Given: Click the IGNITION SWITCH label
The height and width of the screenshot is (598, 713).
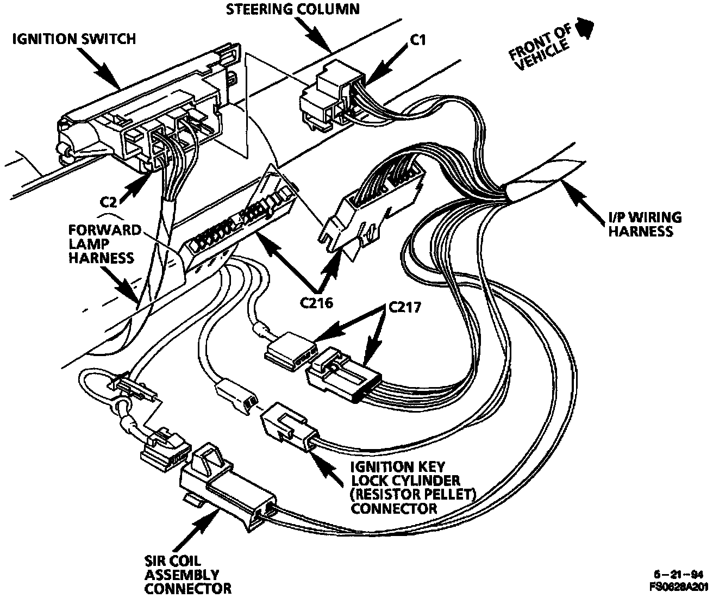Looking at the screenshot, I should click(74, 39).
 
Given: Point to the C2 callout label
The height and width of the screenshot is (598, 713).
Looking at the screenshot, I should click(109, 202).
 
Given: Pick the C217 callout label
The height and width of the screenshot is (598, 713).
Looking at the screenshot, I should click(405, 308).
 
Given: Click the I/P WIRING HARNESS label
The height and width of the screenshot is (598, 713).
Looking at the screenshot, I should click(644, 224).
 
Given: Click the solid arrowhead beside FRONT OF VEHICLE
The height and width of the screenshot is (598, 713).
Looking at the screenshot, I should click(585, 28).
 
